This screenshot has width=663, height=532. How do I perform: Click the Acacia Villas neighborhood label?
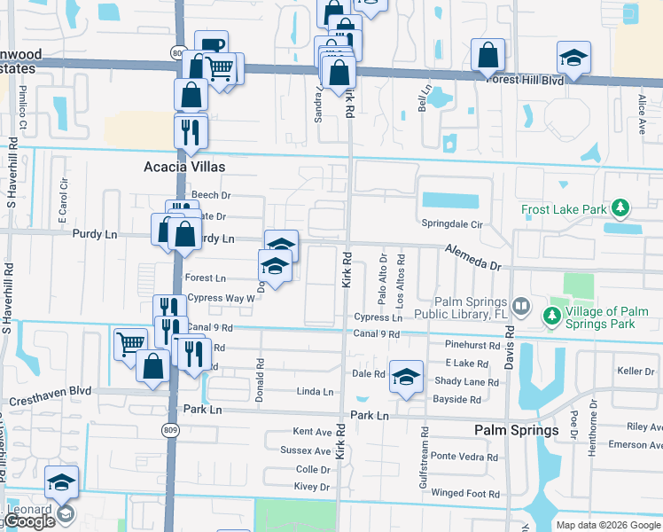[x=184, y=167]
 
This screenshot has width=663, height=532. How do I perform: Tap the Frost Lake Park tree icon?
[x=621, y=209]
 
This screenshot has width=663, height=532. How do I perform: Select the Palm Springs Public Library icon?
[x=522, y=307]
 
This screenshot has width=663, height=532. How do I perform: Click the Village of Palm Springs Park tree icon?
[x=552, y=315]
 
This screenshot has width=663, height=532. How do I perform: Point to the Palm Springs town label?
[x=516, y=430]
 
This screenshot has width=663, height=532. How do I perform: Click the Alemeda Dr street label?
[x=473, y=257]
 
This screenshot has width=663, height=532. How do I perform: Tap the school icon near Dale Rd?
[x=406, y=376]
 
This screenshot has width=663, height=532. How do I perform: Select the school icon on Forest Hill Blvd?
[x=573, y=59]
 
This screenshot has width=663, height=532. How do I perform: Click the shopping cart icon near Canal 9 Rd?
[x=130, y=341]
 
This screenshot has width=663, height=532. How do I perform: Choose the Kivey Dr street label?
[x=312, y=487]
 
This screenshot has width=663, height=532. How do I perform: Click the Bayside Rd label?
[x=456, y=399]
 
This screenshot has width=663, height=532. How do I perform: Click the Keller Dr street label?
[x=636, y=371]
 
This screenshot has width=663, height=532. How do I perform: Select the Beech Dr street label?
[x=210, y=195]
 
